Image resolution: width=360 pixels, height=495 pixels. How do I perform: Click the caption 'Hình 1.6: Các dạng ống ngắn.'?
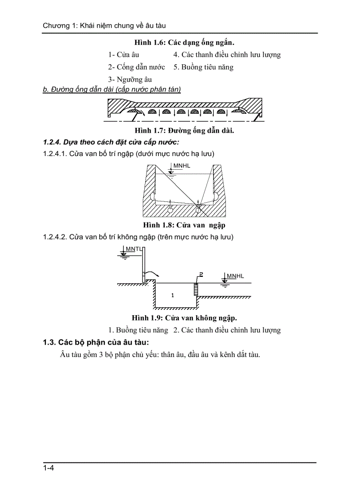click(184, 43)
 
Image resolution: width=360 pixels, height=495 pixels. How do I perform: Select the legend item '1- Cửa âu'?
click(124, 55)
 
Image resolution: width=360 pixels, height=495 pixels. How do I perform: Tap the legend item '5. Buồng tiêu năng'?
click(203, 67)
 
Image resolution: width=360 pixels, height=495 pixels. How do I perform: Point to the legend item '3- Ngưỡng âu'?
click(130, 79)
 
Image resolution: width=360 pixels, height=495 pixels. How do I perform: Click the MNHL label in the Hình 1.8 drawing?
click(182, 165)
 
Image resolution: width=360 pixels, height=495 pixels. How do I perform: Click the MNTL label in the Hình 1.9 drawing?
click(134, 249)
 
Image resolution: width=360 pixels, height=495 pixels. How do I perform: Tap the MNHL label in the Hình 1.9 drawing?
click(235, 276)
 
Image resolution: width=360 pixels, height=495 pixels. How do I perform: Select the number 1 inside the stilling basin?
click(172, 295)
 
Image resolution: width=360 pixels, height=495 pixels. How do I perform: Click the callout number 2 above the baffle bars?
click(201, 274)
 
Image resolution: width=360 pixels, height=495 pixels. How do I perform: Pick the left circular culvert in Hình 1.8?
click(170, 209)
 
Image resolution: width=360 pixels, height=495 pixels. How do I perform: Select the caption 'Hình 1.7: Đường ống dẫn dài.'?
click(184, 130)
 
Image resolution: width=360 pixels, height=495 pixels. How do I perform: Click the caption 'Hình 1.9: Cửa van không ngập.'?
click(184, 318)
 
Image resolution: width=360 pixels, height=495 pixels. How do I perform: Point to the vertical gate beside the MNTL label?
click(143, 264)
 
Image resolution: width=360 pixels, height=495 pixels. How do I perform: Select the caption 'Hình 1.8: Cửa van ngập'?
click(184, 225)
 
